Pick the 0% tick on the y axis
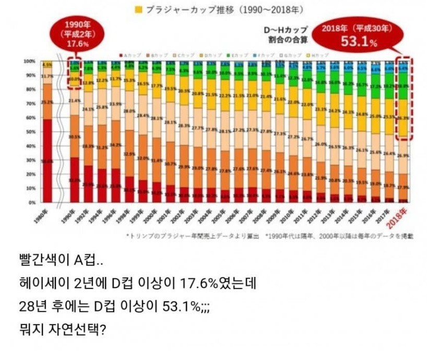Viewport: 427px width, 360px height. [x=31, y=202]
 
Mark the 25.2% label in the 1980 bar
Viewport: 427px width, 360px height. [x=48, y=102]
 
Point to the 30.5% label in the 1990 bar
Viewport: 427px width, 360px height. [x=75, y=136]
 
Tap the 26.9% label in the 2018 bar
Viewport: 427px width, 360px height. [x=403, y=156]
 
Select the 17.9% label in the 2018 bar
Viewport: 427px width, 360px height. [x=403, y=187]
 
